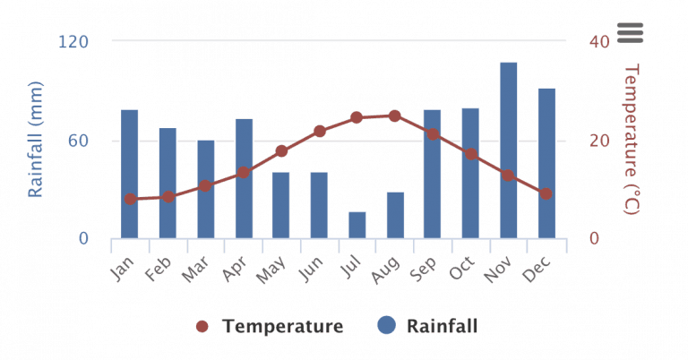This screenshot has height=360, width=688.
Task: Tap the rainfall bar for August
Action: (395, 216)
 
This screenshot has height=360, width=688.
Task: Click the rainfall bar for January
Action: (130, 175)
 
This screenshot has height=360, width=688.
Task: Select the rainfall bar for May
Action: (281, 206)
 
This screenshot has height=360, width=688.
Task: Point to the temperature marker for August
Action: (395, 116)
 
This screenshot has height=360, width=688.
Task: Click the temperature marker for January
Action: (130, 199)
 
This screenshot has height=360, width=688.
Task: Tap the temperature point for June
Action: (320, 131)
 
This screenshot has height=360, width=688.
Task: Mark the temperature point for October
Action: (470, 154)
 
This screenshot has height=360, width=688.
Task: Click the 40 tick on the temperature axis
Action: (599, 41)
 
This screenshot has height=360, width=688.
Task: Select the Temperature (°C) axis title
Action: (632, 139)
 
